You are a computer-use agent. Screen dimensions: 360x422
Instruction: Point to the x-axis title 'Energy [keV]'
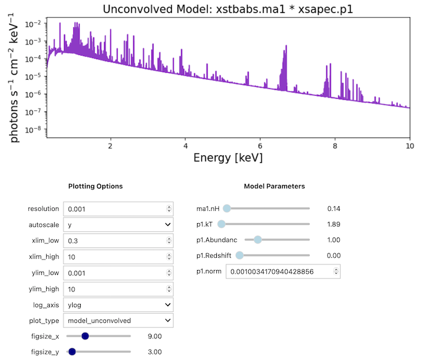point(228,158)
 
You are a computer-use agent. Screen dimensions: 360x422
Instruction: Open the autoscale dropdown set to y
point(118,225)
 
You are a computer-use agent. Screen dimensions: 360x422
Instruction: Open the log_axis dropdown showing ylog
point(118,305)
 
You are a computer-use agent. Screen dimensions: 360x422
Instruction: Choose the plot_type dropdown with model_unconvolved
point(118,321)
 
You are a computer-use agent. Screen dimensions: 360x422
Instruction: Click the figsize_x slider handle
point(85,336)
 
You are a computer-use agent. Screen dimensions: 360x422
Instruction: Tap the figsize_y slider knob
point(71,351)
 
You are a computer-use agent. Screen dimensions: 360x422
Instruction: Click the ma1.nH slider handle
point(226,208)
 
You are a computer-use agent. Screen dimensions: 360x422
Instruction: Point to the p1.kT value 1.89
point(333,224)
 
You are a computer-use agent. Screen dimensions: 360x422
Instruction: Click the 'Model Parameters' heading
point(274,186)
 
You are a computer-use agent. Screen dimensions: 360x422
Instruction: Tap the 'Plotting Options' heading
point(95,186)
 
